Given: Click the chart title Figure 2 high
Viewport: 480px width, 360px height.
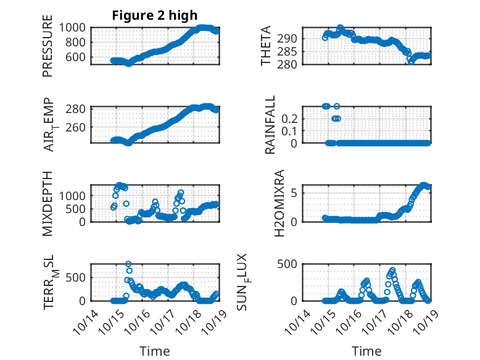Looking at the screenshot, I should [x=154, y=15].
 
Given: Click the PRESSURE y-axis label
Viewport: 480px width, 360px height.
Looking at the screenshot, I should [x=48, y=46].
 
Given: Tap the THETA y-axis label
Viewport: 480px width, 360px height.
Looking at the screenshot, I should [x=266, y=46].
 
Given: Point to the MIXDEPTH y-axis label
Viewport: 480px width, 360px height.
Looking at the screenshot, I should [x=48, y=203].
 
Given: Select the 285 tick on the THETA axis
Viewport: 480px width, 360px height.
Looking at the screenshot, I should [x=291, y=51].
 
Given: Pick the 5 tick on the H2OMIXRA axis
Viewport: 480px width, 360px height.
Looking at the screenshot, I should [x=295, y=193].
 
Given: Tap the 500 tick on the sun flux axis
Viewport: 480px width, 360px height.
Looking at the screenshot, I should [x=291, y=264].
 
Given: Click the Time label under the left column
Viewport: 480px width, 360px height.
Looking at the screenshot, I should [x=154, y=351].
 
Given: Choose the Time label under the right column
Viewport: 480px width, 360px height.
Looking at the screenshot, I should [x=366, y=351].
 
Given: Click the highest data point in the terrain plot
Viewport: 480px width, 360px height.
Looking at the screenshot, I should [x=128, y=264].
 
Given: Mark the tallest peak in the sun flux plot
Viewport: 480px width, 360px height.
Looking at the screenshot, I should [x=392, y=270].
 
